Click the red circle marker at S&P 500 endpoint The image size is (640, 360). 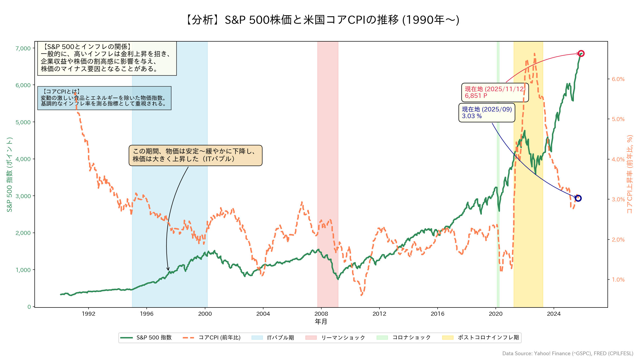[x=581, y=54]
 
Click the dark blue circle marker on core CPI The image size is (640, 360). [x=578, y=198]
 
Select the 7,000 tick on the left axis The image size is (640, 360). [x=23, y=48]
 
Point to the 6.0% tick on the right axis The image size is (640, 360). [x=618, y=79]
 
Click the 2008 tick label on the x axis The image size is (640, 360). [x=321, y=314]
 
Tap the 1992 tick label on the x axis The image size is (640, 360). [x=89, y=314]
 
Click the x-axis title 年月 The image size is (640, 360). [x=321, y=322]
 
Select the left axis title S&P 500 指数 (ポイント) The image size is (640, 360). [x=10, y=174]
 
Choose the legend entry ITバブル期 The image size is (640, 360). [x=280, y=338]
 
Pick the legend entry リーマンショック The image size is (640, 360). [x=343, y=338]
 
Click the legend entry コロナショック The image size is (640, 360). [x=411, y=338]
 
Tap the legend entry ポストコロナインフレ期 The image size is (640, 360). [x=488, y=338]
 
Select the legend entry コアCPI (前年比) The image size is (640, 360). [x=219, y=338]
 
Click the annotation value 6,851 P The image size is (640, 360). [x=476, y=96]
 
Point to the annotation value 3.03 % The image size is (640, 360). [x=472, y=116]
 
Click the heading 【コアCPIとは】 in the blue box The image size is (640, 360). [x=62, y=91]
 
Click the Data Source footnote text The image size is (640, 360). [x=568, y=354]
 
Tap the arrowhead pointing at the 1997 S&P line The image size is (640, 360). [x=168, y=270]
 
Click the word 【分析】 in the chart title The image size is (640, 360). [x=203, y=20]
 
